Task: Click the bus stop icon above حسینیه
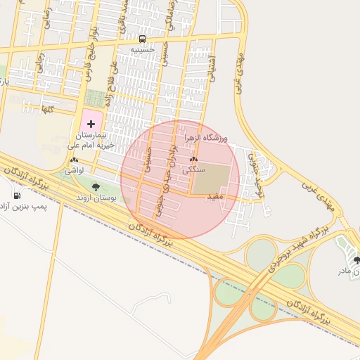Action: [143, 39]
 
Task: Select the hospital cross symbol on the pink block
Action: [91, 123]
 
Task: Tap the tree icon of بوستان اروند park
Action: [96, 187]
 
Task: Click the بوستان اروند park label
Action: [96, 198]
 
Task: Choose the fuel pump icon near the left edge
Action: [17, 196]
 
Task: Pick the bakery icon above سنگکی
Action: [193, 160]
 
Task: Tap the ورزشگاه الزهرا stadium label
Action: [207, 140]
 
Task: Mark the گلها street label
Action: [48, 110]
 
